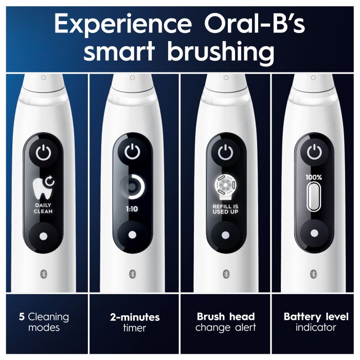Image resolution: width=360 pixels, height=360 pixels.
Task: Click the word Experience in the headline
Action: tap(123, 24)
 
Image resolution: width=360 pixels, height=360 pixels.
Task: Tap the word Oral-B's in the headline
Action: tap(255, 23)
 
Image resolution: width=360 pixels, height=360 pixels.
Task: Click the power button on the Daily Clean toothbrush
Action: tap(43, 153)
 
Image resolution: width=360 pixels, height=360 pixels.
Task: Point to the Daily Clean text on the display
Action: tap(43, 208)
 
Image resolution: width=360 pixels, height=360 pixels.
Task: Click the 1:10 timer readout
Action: tap(132, 209)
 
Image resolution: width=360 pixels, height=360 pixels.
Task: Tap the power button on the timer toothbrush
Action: tap(132, 152)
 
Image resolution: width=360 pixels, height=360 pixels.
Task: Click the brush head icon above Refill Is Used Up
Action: tap(225, 187)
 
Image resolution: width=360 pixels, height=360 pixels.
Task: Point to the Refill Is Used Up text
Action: tap(225, 209)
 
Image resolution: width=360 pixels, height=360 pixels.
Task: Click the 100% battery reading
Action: tap(314, 177)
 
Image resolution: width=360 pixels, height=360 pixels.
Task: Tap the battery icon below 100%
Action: tap(313, 196)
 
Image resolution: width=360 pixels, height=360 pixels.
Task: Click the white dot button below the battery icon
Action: tap(314, 233)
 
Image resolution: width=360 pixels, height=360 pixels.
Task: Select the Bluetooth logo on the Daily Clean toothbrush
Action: tap(44, 274)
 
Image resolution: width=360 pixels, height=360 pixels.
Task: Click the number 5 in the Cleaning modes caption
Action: tap(22, 317)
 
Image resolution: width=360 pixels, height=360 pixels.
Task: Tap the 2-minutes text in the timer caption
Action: tap(135, 317)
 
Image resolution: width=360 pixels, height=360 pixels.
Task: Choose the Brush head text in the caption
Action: tap(226, 317)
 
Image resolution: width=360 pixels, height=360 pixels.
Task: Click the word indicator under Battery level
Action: tap(316, 328)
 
